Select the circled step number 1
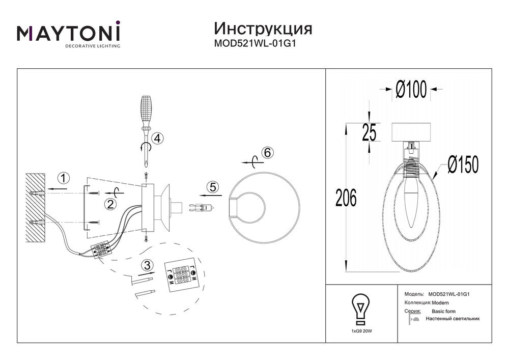63,178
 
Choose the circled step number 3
147,265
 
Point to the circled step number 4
157,138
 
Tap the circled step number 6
268,152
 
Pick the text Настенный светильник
453,319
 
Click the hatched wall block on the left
36,208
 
